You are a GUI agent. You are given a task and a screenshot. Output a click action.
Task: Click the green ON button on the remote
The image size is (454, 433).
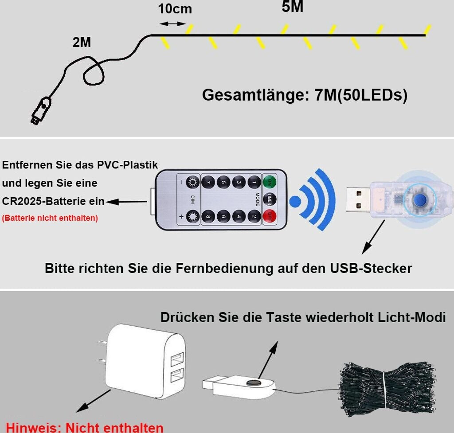click(x=269, y=182)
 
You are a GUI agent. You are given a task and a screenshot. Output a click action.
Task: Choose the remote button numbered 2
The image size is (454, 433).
click(x=254, y=217)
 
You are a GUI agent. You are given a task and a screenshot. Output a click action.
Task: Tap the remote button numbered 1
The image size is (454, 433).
click(x=254, y=182)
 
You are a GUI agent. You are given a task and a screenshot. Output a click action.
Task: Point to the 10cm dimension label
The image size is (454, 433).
click(x=175, y=9)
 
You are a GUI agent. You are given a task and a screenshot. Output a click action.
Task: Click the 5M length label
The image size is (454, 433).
click(x=293, y=7)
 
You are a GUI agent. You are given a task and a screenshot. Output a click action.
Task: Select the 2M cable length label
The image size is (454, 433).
click(x=82, y=43)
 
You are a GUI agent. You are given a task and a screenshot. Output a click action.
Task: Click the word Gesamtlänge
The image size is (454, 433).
click(x=255, y=95)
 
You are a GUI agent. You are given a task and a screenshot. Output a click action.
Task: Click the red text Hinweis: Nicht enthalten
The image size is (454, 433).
click(x=85, y=427)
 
